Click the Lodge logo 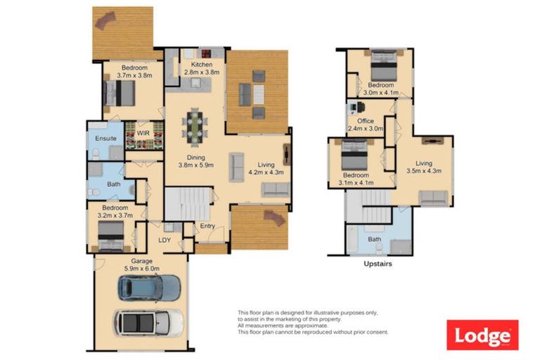tap(482, 335)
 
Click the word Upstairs tap(378, 265)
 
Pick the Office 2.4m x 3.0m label tap(366, 125)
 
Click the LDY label tap(165, 240)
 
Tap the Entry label tap(207, 226)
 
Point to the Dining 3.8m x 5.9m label tap(196, 161)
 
